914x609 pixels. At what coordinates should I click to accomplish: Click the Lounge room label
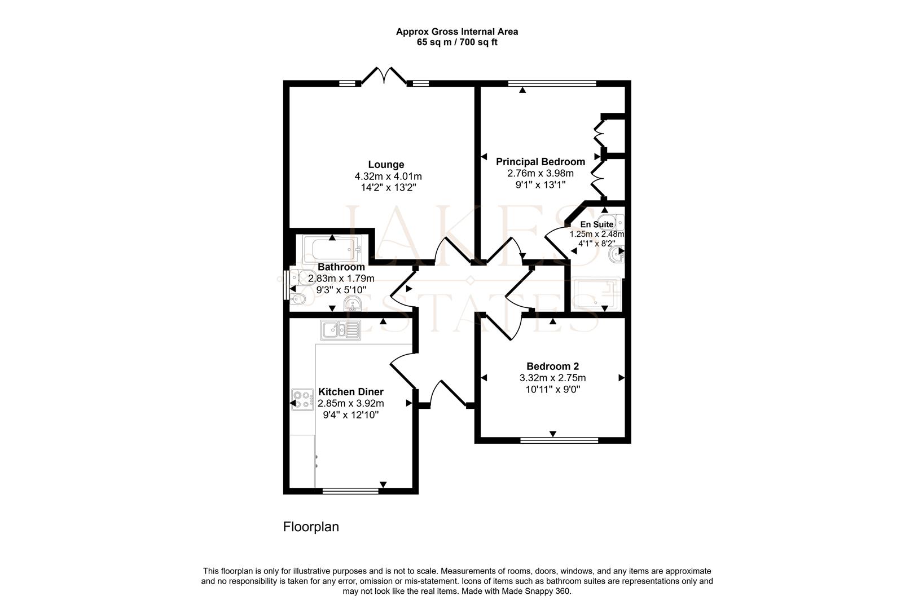pos(386,165)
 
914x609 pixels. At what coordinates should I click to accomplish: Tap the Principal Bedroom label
pos(541,161)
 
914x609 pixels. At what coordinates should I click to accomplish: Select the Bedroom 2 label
pos(552,367)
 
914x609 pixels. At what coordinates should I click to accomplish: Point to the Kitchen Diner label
pos(350,391)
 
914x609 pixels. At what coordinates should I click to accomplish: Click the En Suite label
pos(596,224)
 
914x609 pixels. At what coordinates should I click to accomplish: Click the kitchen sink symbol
pos(340,330)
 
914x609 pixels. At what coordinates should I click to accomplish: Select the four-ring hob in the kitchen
pos(302,400)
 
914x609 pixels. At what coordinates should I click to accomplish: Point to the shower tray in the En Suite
pos(597,293)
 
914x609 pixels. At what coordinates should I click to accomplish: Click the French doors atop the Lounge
pos(384,76)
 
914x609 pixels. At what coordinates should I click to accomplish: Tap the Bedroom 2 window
pos(559,440)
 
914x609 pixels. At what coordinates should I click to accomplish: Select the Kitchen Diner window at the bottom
pos(350,491)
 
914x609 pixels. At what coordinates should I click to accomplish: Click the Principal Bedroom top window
pos(552,83)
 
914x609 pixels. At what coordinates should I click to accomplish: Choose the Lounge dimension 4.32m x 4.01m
pos(388,176)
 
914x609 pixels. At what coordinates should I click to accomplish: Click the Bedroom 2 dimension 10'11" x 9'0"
pos(553,390)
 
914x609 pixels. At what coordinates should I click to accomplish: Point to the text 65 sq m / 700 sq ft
pos(457,42)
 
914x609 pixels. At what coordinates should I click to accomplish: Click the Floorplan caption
pos(311,527)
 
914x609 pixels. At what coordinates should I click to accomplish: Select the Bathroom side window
pos(286,285)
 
